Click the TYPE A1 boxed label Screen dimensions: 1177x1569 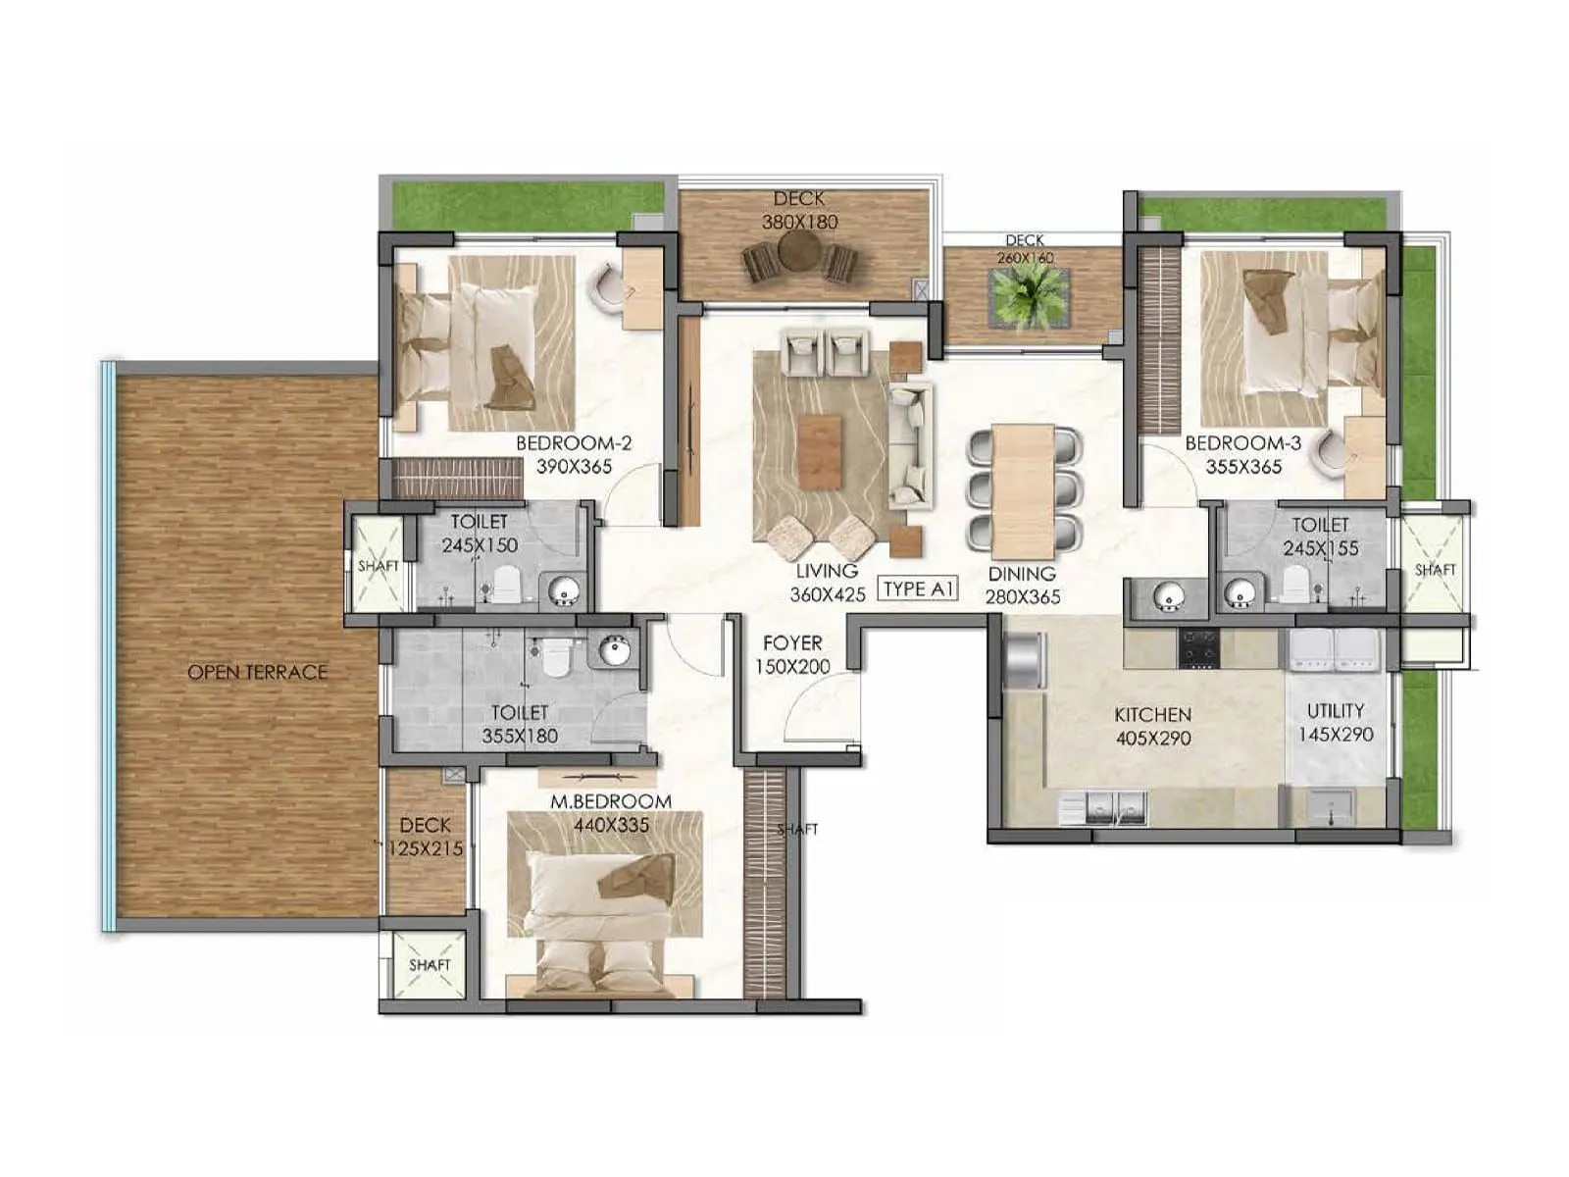tap(918, 588)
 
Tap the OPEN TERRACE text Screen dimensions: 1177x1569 tap(257, 673)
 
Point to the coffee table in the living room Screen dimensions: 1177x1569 tap(820, 452)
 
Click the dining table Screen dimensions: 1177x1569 tap(1023, 490)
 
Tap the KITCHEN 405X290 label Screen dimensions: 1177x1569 tap(1152, 726)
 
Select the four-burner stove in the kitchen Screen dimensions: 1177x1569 tap(1198, 648)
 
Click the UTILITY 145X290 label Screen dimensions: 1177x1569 tap(1336, 722)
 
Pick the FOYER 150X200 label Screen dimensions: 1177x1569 tap(792, 654)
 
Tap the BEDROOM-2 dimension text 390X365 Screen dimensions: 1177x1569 tap(574, 467)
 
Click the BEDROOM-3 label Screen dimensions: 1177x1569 tap(1242, 443)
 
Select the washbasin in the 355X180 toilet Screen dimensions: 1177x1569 tap(614, 650)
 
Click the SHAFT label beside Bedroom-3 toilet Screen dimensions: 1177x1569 tap(1435, 570)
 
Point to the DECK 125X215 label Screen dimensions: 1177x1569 tap(426, 837)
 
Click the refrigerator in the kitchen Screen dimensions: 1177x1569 tap(1024, 660)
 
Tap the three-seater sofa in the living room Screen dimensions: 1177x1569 tap(909, 445)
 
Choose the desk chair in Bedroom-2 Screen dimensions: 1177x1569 tap(608, 287)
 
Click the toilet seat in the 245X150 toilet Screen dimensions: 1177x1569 tap(506, 587)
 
